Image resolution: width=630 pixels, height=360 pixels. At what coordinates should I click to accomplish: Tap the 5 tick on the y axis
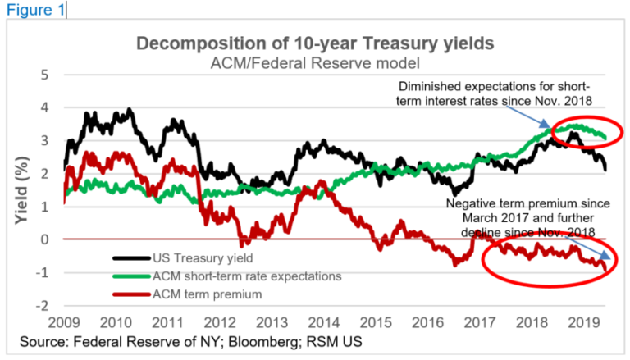[46, 75]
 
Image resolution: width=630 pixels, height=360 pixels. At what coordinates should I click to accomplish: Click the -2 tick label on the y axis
[43, 306]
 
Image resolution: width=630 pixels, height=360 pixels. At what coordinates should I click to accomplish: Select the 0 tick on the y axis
[46, 239]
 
